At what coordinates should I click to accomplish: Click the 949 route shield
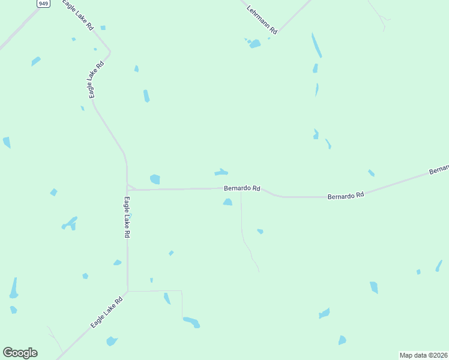(x=43, y=4)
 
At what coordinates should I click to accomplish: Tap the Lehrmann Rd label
(x=262, y=19)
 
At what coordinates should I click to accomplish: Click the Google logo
(x=20, y=353)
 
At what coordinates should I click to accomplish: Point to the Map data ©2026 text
(x=424, y=355)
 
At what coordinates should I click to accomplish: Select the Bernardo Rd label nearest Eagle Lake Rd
(x=242, y=188)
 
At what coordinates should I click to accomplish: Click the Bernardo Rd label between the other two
(x=346, y=196)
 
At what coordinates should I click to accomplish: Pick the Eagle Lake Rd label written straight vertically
(x=127, y=217)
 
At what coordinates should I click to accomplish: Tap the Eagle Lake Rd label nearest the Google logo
(x=107, y=311)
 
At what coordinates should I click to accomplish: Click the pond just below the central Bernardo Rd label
(x=228, y=202)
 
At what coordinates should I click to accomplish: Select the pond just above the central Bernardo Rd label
(x=221, y=173)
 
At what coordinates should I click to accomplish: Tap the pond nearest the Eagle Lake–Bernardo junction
(x=155, y=179)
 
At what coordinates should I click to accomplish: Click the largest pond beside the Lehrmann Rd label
(x=255, y=44)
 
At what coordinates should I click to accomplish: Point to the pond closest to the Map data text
(x=342, y=340)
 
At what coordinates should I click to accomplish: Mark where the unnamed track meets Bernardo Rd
(x=241, y=192)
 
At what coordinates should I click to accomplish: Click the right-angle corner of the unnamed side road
(x=181, y=291)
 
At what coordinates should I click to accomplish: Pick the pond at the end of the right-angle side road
(x=191, y=322)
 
